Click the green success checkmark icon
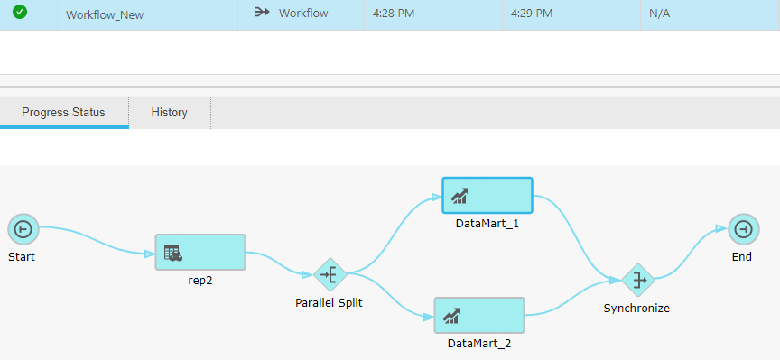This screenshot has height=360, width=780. pyautogui.click(x=20, y=13)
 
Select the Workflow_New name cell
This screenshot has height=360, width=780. pyautogui.click(x=105, y=14)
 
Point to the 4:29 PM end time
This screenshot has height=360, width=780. pyautogui.click(x=532, y=14)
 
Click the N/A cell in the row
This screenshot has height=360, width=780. pyautogui.click(x=660, y=14)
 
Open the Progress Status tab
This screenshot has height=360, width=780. pyautogui.click(x=63, y=113)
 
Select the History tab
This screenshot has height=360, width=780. pyautogui.click(x=170, y=113)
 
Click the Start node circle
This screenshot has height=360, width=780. pyautogui.click(x=22, y=229)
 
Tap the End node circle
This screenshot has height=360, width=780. pyautogui.click(x=741, y=229)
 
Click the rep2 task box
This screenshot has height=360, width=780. pyautogui.click(x=200, y=252)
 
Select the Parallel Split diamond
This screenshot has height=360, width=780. pyautogui.click(x=330, y=273)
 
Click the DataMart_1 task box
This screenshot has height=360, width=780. pyautogui.click(x=487, y=195)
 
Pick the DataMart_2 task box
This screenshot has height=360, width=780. pyautogui.click(x=479, y=315)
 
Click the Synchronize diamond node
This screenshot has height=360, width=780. pyautogui.click(x=637, y=280)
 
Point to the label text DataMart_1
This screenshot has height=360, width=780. pyautogui.click(x=487, y=224)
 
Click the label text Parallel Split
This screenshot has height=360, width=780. pyautogui.click(x=329, y=303)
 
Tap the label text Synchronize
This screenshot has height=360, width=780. pyautogui.click(x=637, y=309)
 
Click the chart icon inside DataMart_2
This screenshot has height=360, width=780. pyautogui.click(x=451, y=316)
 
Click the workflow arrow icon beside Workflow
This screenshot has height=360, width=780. pyautogui.click(x=263, y=14)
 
